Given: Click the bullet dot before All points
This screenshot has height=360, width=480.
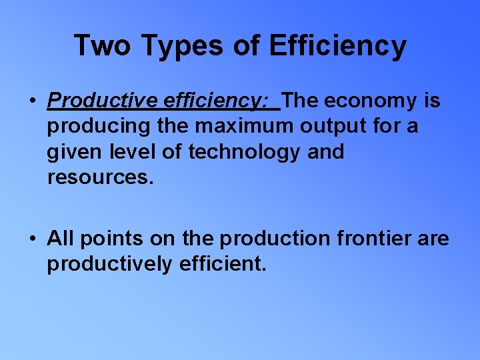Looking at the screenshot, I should (x=32, y=239).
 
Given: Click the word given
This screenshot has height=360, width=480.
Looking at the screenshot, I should (x=71, y=152).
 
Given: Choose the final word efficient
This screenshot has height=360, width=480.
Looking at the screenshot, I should (x=223, y=264).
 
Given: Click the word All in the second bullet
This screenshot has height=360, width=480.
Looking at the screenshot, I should (x=61, y=239).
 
